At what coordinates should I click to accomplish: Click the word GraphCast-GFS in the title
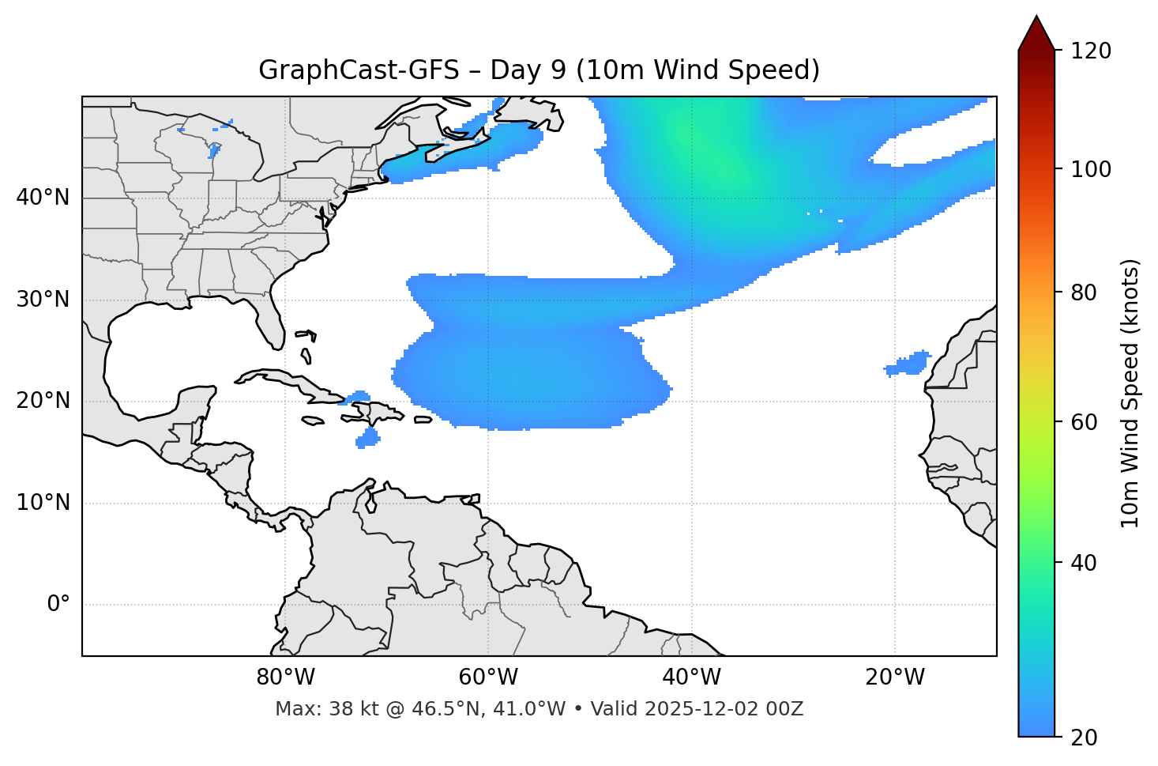click(359, 70)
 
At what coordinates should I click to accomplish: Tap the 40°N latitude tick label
click(43, 198)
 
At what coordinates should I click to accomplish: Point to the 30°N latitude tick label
click(43, 300)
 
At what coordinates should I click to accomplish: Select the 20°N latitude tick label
click(43, 401)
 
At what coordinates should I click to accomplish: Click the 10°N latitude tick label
click(43, 503)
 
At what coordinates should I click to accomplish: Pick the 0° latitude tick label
click(58, 605)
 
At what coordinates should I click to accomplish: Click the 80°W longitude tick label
click(285, 677)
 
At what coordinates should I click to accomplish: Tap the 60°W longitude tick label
click(488, 677)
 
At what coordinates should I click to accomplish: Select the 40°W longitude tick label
click(691, 677)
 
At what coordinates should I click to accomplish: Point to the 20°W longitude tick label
click(894, 677)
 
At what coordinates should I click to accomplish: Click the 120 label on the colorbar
click(1091, 51)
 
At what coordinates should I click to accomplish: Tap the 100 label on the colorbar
click(1091, 169)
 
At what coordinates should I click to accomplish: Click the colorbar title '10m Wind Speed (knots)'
click(1130, 393)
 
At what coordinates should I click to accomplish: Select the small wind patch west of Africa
click(908, 364)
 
